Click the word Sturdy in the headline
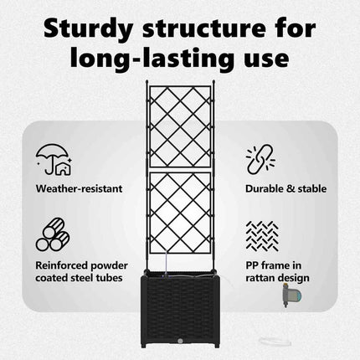click(x=88, y=29)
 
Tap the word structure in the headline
click(x=204, y=28)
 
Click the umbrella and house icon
click(x=54, y=159)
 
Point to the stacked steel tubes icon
click(x=53, y=234)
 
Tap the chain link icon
click(x=260, y=159)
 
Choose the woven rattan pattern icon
click(x=262, y=236)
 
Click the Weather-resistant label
click(x=79, y=188)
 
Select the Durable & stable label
click(x=285, y=188)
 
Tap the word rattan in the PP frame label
click(x=261, y=278)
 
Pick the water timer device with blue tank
click(x=291, y=295)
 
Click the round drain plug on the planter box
click(x=180, y=341)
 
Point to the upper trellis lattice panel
click(x=180, y=127)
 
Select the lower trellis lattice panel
click(x=180, y=213)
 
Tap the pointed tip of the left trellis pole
click(x=147, y=80)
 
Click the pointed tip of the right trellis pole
click(x=213, y=80)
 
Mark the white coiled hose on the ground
click(x=275, y=342)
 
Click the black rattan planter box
click(x=180, y=309)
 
